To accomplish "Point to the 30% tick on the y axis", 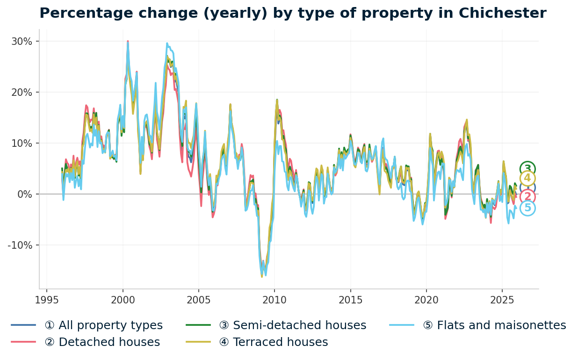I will (22, 41).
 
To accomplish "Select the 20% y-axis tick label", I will (22, 92).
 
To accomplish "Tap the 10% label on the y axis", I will (22, 143).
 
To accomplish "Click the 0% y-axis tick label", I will (24, 194).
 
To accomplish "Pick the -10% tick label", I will (20, 245).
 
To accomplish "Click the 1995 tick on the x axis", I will (47, 300).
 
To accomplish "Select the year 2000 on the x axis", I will (123, 300).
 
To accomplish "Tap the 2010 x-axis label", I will (275, 300).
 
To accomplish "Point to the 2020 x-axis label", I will (426, 300).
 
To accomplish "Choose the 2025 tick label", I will (502, 300).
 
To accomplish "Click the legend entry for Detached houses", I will (102, 342).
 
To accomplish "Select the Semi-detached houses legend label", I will (299, 325).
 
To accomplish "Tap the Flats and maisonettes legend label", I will (501, 325).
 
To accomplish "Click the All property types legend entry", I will (103, 325).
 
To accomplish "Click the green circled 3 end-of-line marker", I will (527, 169).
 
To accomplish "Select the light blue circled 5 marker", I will (527, 208).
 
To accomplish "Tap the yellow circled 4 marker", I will (527, 178).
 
